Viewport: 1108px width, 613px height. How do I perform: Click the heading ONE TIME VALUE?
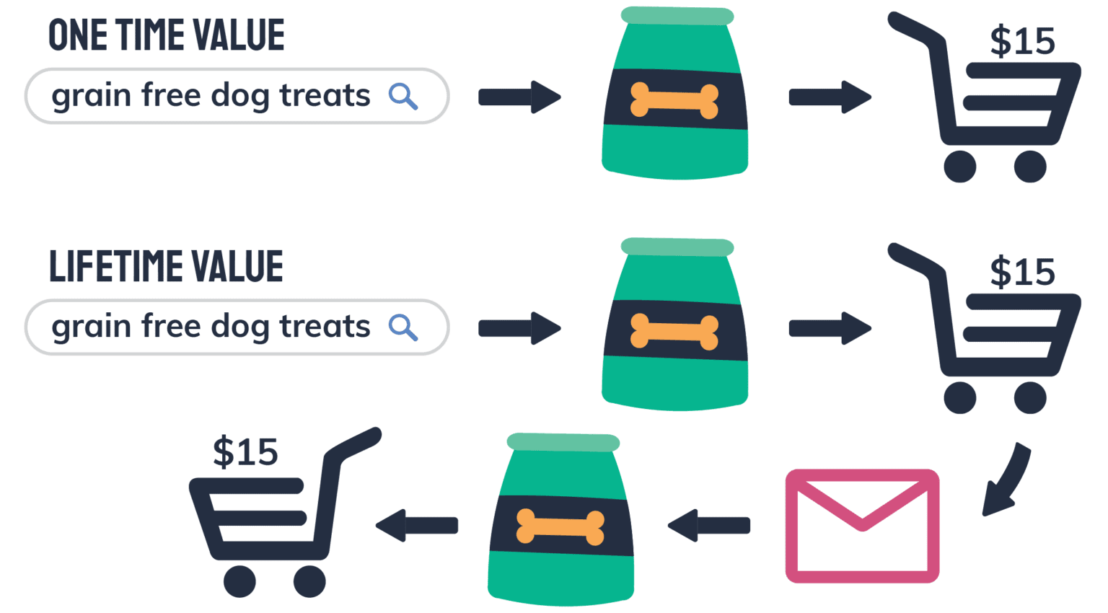(166, 35)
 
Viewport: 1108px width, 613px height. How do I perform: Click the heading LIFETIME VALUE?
(166, 266)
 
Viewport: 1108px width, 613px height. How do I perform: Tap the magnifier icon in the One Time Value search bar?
(403, 96)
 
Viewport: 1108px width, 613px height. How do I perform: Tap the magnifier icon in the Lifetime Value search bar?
(403, 327)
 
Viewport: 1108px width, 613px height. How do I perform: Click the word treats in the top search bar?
(325, 96)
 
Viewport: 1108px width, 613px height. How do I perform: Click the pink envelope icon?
(862, 526)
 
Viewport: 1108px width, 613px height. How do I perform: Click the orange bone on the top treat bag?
(674, 100)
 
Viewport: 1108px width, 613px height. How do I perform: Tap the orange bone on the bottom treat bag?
(560, 527)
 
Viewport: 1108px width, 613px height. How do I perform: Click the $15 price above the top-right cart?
(1022, 41)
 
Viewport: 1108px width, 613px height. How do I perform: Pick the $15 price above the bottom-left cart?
(245, 453)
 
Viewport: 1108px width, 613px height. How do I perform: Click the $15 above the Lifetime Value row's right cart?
(1022, 273)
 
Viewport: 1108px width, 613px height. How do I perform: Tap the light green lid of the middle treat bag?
(677, 247)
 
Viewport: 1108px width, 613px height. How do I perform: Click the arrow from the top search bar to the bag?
(519, 97)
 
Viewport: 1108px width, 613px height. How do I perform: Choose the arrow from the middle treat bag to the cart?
(830, 328)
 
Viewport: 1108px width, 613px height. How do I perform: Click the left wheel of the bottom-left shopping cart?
(239, 581)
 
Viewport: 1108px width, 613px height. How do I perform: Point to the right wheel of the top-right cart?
(1030, 167)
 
